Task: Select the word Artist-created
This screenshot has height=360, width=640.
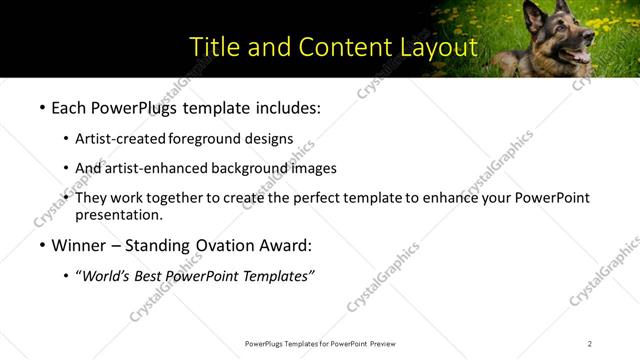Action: pyautogui.click(x=121, y=139)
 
